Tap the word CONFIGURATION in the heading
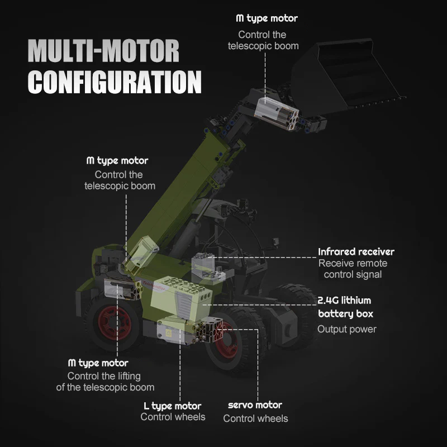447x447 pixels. (x=115, y=81)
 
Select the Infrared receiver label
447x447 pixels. (x=356, y=252)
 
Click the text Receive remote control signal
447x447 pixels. (x=353, y=269)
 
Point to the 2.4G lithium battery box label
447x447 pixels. (x=344, y=307)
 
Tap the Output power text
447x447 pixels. (x=346, y=329)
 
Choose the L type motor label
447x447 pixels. (x=173, y=406)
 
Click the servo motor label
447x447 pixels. (x=255, y=405)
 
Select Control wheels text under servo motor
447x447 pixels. (x=255, y=419)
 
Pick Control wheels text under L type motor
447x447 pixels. (x=173, y=417)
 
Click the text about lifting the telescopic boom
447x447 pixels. (x=105, y=382)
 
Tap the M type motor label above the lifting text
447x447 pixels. (x=98, y=363)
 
